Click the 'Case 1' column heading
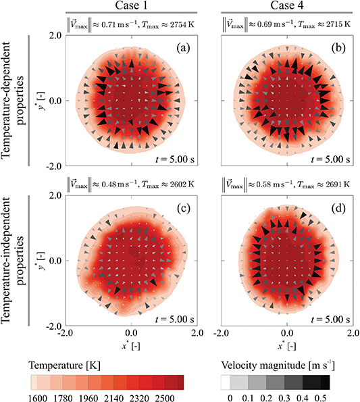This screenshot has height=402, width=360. (x=132, y=6)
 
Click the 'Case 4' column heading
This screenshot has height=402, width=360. (x=286, y=6)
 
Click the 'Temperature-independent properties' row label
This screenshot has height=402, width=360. (x=14, y=260)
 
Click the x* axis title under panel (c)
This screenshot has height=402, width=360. (x=132, y=344)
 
